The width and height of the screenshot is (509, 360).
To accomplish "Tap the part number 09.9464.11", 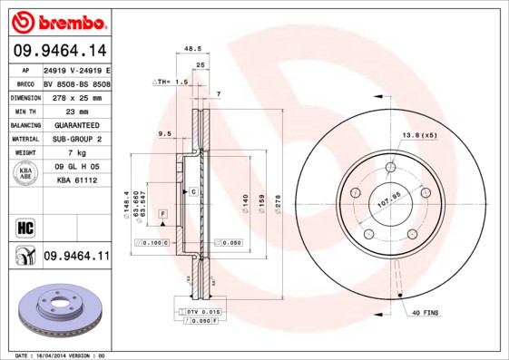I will coord(76,257).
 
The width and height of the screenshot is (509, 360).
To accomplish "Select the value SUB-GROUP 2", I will coord(75,139).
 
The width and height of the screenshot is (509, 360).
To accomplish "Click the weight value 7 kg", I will coord(75,153).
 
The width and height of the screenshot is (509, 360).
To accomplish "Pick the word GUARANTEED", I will coord(75,125).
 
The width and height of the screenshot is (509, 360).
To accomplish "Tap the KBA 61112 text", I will coord(75,181).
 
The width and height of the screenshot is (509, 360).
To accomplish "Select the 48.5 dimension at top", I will coord(192,48).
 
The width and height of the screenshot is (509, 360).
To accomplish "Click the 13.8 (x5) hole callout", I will coord(419,135).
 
